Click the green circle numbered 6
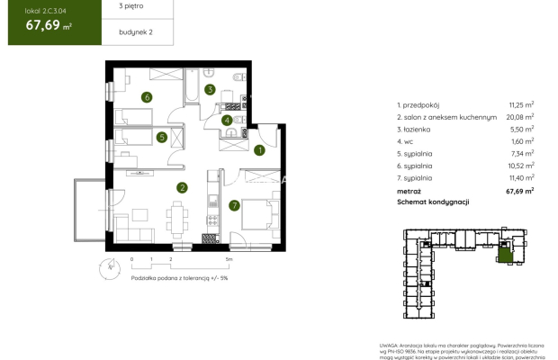click(146, 97)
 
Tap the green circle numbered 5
click(160, 138)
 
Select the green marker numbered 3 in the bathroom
click(209, 90)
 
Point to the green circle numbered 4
click(228, 120)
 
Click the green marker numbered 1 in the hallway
click(258, 151)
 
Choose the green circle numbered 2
click(182, 187)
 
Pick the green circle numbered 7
click(234, 205)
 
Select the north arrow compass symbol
click(109, 265)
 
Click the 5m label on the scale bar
click(229, 259)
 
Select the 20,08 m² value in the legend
click(518, 116)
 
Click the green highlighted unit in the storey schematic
click(507, 256)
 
